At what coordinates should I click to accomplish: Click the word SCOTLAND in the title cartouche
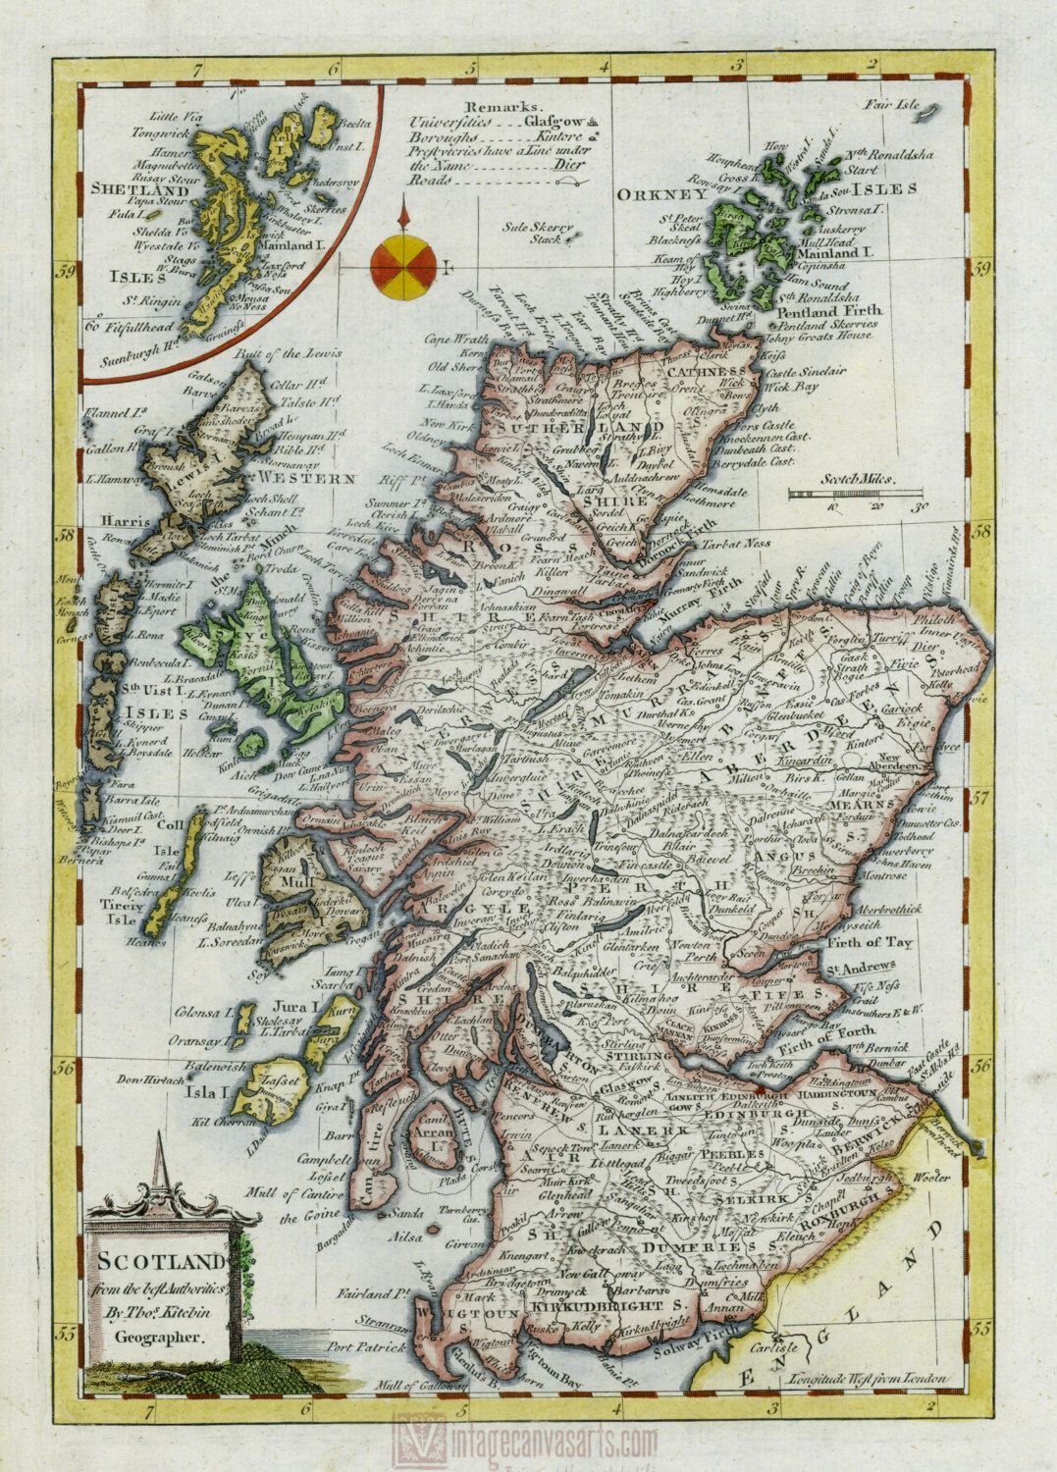(161, 1260)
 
